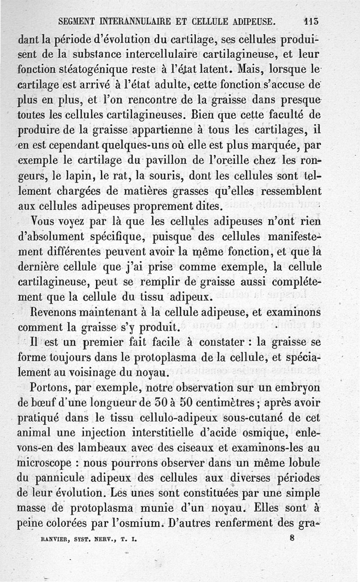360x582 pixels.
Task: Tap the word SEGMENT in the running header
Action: pos(78,21)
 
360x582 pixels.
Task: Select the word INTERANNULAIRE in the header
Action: pos(139,21)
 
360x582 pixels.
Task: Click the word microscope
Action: pos(45,463)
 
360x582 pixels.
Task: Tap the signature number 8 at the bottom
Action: pos(292,537)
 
